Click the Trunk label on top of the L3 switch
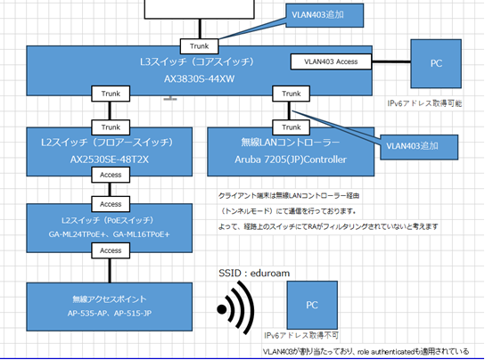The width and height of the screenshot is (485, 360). pyautogui.click(x=199, y=46)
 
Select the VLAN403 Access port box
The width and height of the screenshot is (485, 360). pyautogui.click(x=331, y=61)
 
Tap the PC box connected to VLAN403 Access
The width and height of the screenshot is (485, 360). pyautogui.click(x=436, y=63)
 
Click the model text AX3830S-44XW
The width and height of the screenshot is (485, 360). pyautogui.click(x=199, y=79)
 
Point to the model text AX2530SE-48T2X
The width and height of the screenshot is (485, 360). pyautogui.click(x=110, y=160)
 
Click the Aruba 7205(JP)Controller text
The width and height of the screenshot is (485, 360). pyautogui.click(x=291, y=160)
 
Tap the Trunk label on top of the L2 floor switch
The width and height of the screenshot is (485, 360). pyautogui.click(x=111, y=127)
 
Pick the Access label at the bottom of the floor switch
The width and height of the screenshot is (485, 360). pyautogui.click(x=111, y=175)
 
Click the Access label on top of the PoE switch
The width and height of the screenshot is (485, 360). pyautogui.click(x=111, y=204)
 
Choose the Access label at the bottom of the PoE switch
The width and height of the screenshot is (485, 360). pyautogui.click(x=111, y=250)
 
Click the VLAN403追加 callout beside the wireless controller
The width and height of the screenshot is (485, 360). pyautogui.click(x=419, y=147)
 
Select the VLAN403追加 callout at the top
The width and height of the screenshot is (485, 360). pyautogui.click(x=325, y=15)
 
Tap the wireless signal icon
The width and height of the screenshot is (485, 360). pyautogui.click(x=235, y=308)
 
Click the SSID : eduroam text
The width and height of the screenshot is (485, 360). pyautogui.click(x=254, y=273)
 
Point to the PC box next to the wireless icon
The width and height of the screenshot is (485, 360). pyautogui.click(x=312, y=306)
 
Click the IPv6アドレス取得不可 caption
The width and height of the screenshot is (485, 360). pyautogui.click(x=301, y=335)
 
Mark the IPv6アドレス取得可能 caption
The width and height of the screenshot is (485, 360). pyautogui.click(x=424, y=103)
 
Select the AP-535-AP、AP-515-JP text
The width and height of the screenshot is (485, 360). pyautogui.click(x=110, y=314)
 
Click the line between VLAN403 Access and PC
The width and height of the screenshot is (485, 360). pyautogui.click(x=391, y=61)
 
